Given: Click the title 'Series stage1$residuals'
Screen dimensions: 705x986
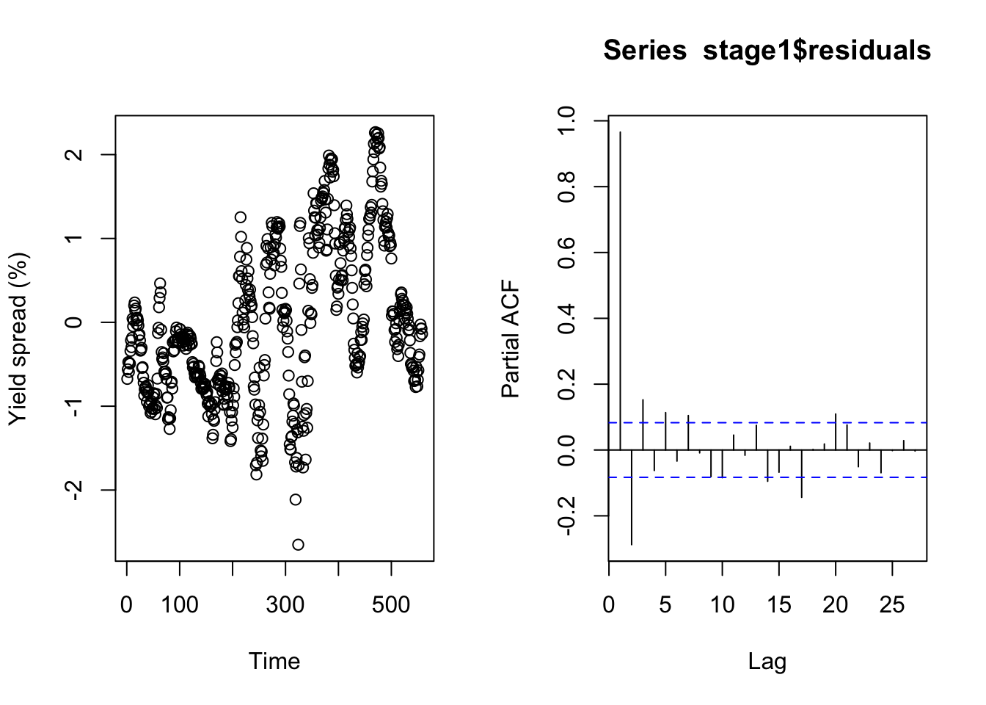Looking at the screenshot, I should [x=767, y=51].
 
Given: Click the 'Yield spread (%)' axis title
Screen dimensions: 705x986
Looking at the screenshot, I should [x=18, y=339].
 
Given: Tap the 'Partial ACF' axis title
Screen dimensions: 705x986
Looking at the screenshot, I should [x=510, y=339].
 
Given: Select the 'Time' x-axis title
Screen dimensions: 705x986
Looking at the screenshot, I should [x=274, y=661].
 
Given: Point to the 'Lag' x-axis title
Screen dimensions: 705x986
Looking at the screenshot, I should [x=767, y=661].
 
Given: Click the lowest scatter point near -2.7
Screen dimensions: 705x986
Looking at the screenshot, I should [x=298, y=544].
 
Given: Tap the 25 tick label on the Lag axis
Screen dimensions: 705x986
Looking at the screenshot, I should [x=892, y=606].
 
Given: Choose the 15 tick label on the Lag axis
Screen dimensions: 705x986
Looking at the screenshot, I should [x=779, y=606].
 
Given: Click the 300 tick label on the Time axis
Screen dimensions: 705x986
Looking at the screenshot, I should [x=285, y=606].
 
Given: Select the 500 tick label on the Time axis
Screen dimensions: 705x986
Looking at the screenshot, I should [x=391, y=606].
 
